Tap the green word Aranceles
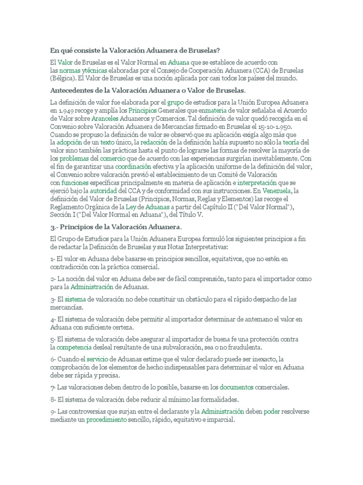point(105,118)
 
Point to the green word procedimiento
point(106,420)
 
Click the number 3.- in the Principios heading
point(54,228)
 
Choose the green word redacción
point(155,143)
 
